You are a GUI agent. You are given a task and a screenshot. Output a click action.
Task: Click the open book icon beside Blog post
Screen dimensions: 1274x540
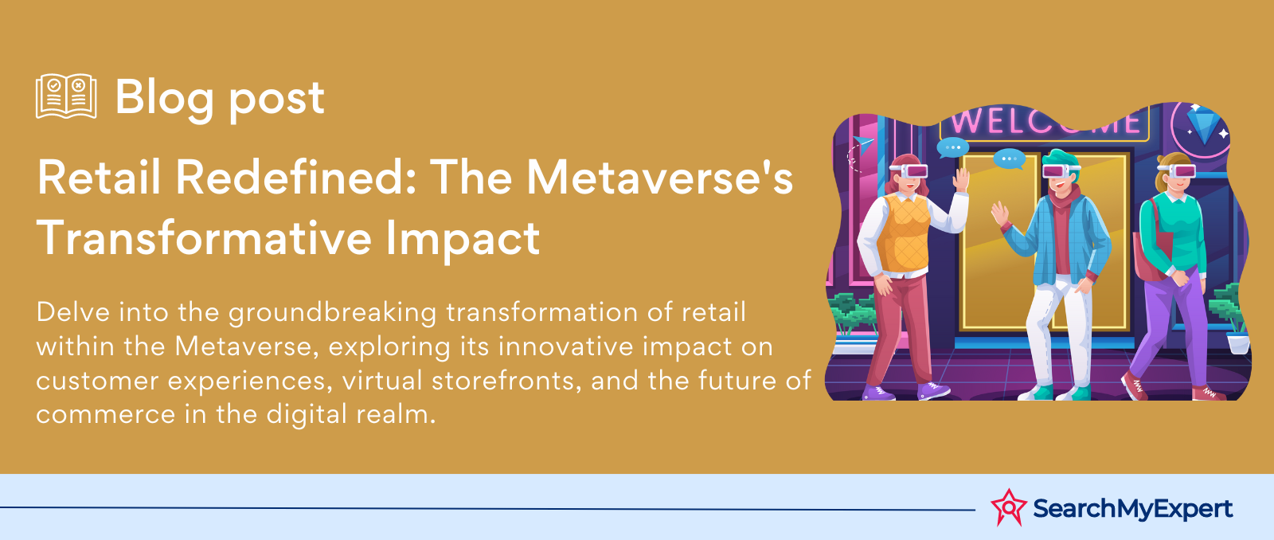[66, 96]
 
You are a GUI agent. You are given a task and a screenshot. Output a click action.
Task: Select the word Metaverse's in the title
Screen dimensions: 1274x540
[659, 178]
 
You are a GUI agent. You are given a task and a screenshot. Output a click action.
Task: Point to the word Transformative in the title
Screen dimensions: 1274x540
[203, 238]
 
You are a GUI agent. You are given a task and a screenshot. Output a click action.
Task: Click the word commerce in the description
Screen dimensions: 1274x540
[105, 415]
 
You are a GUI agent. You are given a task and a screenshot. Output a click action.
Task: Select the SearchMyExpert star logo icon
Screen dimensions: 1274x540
[1008, 507]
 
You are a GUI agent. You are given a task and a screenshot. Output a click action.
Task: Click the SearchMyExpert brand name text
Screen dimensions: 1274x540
[1132, 509]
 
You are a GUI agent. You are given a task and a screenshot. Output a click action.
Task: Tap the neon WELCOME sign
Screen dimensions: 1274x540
[1045, 123]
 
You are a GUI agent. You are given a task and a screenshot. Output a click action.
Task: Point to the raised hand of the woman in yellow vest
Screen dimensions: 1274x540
[961, 180]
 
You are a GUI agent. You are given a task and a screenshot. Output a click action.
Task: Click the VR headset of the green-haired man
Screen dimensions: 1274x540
[1061, 170]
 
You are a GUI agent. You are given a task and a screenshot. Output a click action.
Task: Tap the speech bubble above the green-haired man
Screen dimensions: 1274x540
[1009, 158]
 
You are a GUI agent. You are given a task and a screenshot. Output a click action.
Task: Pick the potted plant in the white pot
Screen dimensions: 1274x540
[1231, 319]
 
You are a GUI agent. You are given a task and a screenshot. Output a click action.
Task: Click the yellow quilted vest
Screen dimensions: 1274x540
[905, 233]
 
